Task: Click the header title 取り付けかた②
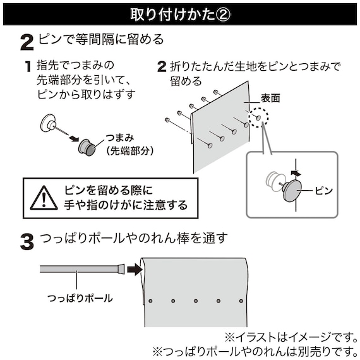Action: (x=180, y=14)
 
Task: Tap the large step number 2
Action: (x=27, y=42)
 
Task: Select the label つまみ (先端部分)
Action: (x=129, y=144)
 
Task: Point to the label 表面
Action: (x=270, y=99)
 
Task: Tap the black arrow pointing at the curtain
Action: (x=133, y=269)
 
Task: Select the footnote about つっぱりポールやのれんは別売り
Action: (x=254, y=351)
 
